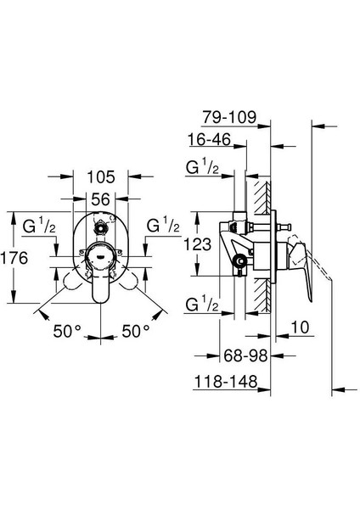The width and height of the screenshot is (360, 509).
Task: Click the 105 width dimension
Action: coord(101,177)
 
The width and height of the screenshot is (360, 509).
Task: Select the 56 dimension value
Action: coord(100,199)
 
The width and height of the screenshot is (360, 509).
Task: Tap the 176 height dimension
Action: coord(14,259)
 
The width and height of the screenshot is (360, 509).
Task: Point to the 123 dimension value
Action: coord(198,244)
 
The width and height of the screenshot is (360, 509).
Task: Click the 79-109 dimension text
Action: coord(229,117)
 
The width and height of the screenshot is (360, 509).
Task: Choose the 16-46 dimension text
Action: coord(209,140)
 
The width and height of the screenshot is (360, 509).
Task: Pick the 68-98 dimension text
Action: coord(245,355)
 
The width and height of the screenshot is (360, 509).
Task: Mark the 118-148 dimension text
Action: coord(226,382)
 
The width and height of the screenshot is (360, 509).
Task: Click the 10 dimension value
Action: coord(300,327)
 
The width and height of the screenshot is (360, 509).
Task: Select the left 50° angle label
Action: coord(67,332)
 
